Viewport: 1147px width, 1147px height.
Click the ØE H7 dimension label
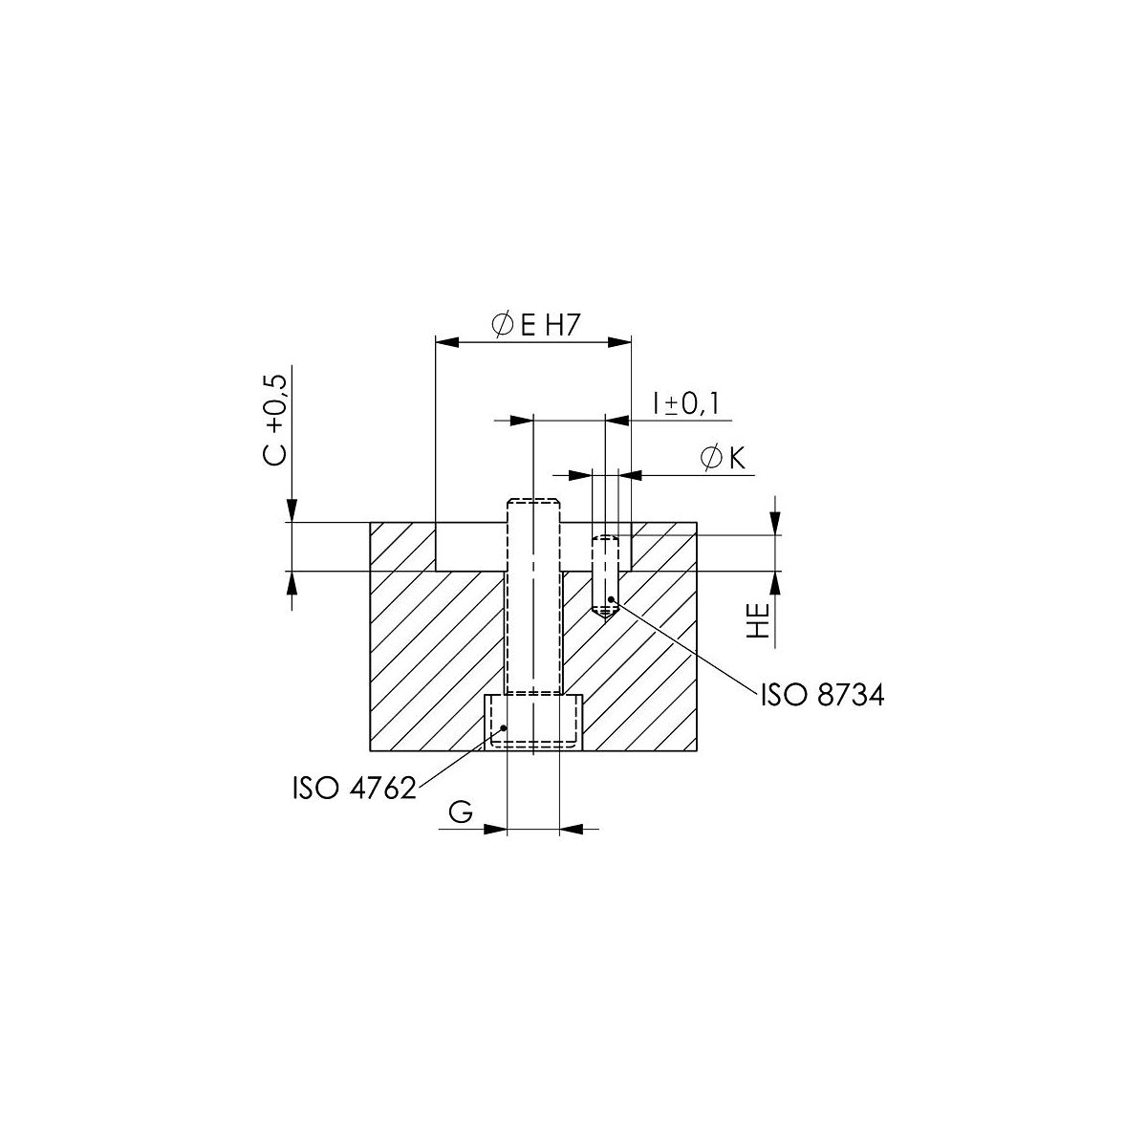(534, 326)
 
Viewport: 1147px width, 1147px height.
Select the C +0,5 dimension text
(276, 421)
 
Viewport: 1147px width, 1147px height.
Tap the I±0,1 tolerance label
(685, 404)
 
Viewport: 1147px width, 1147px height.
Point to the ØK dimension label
(724, 458)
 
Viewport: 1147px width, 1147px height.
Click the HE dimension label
(759, 621)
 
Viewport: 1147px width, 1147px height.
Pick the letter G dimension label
(460, 812)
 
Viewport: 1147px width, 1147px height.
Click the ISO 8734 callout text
(823, 695)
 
